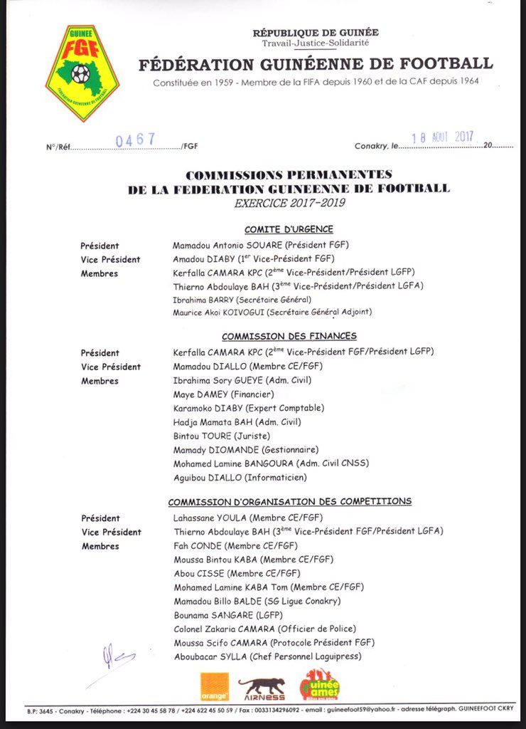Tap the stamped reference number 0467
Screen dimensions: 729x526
point(135,140)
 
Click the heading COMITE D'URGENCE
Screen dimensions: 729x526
point(289,229)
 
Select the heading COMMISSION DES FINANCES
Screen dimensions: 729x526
point(289,336)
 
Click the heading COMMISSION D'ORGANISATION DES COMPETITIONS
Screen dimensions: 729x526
point(289,502)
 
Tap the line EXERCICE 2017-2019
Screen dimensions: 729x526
point(289,203)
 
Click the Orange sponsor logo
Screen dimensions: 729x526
point(214,686)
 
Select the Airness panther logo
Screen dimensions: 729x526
point(261,688)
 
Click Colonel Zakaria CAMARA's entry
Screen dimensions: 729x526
point(264,629)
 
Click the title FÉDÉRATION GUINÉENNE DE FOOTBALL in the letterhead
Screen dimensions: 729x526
point(316,63)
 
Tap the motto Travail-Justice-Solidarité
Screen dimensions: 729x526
point(316,43)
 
